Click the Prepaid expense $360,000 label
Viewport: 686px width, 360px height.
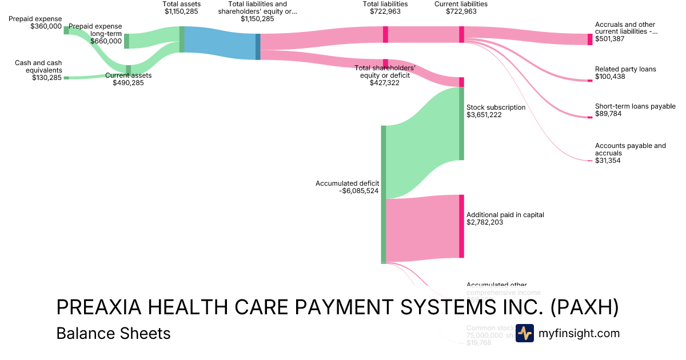click(35, 22)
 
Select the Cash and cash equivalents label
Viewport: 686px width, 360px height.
click(39, 66)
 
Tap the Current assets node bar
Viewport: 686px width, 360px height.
click(128, 70)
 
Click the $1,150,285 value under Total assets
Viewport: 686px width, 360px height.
click(181, 11)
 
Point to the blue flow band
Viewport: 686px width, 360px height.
click(220, 43)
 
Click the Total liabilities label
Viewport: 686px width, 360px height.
click(385, 4)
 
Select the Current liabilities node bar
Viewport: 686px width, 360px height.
click(461, 34)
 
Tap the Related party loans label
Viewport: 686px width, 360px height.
click(625, 69)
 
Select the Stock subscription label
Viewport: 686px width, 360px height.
click(496, 107)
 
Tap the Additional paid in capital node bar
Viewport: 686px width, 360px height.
click(461, 226)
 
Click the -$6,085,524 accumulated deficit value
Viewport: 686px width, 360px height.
click(358, 191)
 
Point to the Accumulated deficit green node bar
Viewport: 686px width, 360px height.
click(384, 194)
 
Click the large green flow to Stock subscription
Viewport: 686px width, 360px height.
click(423, 143)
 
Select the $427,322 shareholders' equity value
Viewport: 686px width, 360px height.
click(384, 82)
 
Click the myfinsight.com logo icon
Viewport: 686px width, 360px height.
click(524, 333)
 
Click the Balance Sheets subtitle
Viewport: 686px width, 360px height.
click(113, 333)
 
